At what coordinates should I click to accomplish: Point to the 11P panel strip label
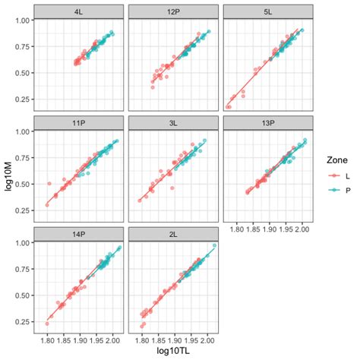point(77,122)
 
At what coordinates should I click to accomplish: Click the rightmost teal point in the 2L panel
point(214,245)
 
